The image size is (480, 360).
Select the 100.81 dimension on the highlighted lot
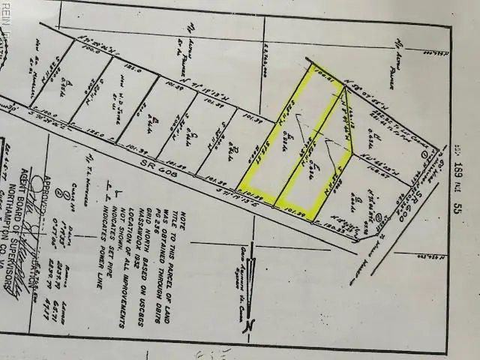(322, 74)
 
